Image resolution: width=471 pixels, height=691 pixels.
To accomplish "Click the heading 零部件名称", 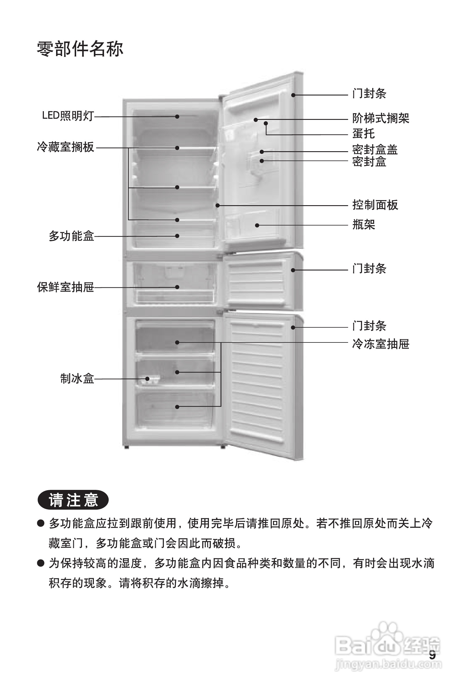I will [x=80, y=49].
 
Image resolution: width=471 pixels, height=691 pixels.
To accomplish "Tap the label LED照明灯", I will [x=68, y=116].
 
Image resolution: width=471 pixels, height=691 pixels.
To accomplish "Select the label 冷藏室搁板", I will [x=65, y=147].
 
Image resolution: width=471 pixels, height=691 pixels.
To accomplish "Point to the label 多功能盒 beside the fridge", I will [x=71, y=236].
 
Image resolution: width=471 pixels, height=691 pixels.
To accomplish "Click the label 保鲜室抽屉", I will [x=65, y=287].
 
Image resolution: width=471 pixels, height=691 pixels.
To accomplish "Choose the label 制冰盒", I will [x=77, y=378].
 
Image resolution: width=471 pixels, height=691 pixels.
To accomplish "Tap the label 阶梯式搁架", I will [x=381, y=118].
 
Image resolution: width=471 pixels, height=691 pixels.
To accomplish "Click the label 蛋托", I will [x=363, y=133].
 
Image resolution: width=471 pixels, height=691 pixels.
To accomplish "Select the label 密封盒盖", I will [x=375, y=149].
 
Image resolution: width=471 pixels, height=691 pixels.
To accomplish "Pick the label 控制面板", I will [x=375, y=205].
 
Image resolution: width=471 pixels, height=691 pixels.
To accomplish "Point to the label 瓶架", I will [x=363, y=225].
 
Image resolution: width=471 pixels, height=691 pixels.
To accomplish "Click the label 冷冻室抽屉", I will [x=381, y=344].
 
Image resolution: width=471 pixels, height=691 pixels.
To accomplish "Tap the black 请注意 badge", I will [x=73, y=500].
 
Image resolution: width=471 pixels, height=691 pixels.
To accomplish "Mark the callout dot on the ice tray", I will [x=147, y=379].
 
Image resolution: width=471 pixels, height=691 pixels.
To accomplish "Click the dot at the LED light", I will [x=177, y=117].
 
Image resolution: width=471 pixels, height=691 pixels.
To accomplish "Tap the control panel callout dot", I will [x=218, y=205].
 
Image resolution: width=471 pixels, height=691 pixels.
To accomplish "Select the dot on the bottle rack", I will [x=257, y=225].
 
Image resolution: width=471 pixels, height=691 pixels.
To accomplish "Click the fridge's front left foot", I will [x=126, y=447].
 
